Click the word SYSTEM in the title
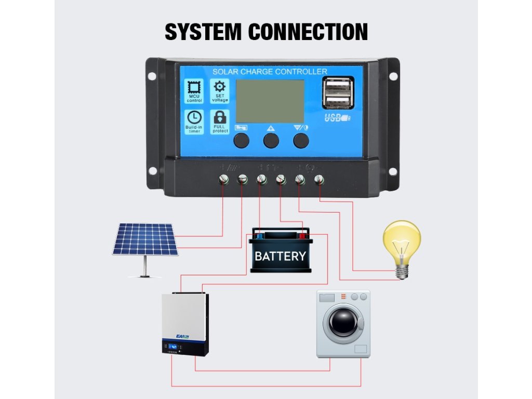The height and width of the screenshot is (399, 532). pyautogui.click(x=203, y=32)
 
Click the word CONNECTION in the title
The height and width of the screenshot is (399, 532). pyautogui.click(x=308, y=32)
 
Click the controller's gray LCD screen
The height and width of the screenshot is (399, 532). pyautogui.click(x=270, y=101)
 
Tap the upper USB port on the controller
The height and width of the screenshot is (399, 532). pyautogui.click(x=338, y=84)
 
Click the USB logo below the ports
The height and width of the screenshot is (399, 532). pyautogui.click(x=336, y=118)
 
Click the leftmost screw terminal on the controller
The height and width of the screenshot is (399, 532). pyautogui.click(x=224, y=180)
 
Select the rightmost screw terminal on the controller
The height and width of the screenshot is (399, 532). pyautogui.click(x=320, y=180)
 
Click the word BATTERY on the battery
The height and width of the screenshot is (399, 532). pyautogui.click(x=280, y=256)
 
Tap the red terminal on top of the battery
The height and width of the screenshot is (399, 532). pyautogui.click(x=302, y=235)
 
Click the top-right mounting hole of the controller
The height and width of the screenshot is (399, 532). pyautogui.click(x=393, y=76)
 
